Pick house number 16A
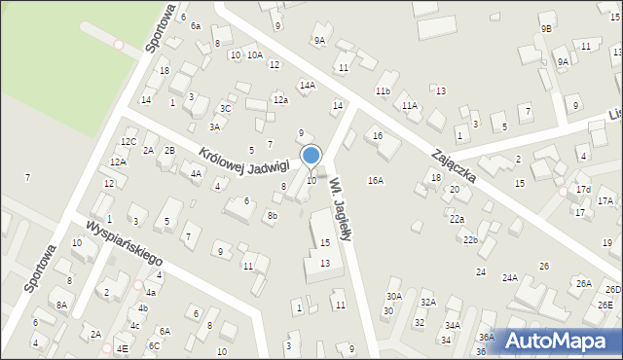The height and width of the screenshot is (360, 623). [375, 181]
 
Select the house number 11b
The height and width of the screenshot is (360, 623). [383, 91]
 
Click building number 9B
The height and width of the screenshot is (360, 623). [546, 29]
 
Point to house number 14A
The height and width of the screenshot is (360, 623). [307, 86]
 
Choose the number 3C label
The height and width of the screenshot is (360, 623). [225, 108]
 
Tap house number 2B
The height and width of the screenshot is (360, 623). [169, 150]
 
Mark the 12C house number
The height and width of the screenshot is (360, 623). [128, 142]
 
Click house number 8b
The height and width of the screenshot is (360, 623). [273, 216]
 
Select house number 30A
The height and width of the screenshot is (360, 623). [393, 296]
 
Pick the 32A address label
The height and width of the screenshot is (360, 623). [427, 303]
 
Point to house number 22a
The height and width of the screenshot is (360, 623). [457, 219]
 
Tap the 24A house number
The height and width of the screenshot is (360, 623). [509, 277]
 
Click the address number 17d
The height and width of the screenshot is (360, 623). [582, 189]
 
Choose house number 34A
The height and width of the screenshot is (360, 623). [452, 326]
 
